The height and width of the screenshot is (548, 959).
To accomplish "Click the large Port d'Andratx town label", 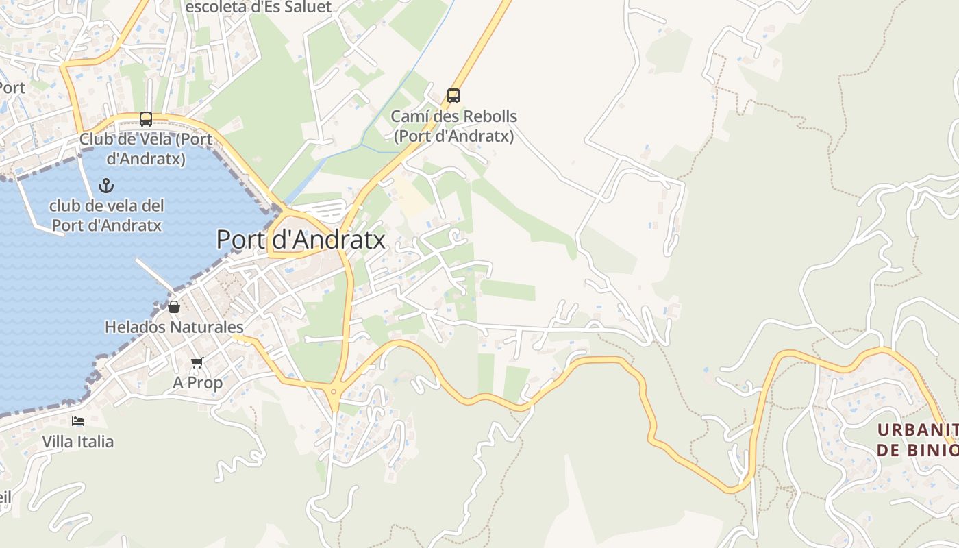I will click(301, 240).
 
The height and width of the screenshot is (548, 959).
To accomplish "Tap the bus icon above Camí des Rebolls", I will click(453, 95).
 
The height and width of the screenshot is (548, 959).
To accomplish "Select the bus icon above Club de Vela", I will click(146, 119).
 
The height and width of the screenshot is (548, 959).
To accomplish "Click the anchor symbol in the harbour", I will click(106, 185).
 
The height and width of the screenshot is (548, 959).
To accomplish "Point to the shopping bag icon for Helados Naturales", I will click(174, 307).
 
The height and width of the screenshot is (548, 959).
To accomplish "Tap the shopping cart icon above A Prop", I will click(197, 362).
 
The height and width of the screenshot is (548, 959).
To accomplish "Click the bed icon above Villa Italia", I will click(78, 421).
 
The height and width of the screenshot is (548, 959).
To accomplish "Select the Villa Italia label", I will click(78, 442).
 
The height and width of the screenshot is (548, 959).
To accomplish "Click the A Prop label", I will click(197, 383).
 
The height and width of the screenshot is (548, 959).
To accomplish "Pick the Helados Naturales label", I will click(174, 327).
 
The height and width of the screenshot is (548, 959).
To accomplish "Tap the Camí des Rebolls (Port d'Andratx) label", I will click(453, 126).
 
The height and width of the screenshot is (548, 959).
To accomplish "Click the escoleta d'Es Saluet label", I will click(258, 7).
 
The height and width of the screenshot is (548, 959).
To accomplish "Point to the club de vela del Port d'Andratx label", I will click(106, 215).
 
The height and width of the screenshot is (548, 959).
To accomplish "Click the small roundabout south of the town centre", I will click(334, 392).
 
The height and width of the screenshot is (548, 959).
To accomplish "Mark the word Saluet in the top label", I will click(306, 7).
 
